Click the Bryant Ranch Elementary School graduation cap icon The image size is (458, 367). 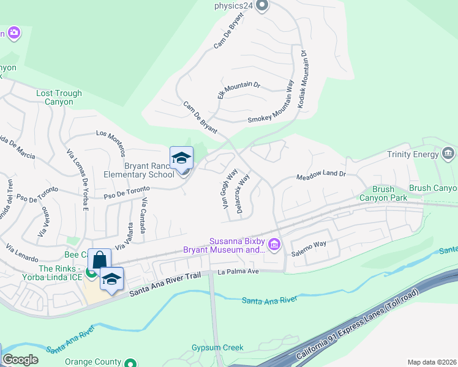tap(181, 158)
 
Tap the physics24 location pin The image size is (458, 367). tap(263, 6)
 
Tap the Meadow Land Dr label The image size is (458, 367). tap(321, 174)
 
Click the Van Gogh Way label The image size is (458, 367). tap(230, 190)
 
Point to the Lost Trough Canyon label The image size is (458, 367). tap(59, 98)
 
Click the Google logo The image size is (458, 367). tap(20, 360)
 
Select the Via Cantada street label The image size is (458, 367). tap(143, 216)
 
